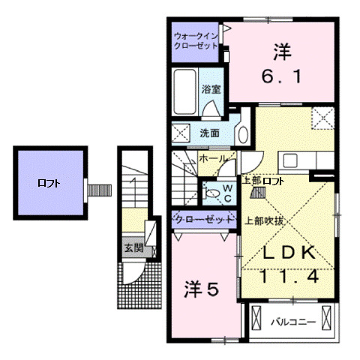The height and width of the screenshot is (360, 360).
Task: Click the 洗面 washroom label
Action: coord(209,133)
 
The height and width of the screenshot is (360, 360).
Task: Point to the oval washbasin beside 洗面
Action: coord(242,134)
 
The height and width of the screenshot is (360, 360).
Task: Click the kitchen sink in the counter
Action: coord(289,160)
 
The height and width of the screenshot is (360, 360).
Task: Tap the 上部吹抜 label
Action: coord(264,221)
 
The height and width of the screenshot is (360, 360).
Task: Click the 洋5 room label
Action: coord(202,287)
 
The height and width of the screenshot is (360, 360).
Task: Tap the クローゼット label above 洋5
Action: coord(202,219)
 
